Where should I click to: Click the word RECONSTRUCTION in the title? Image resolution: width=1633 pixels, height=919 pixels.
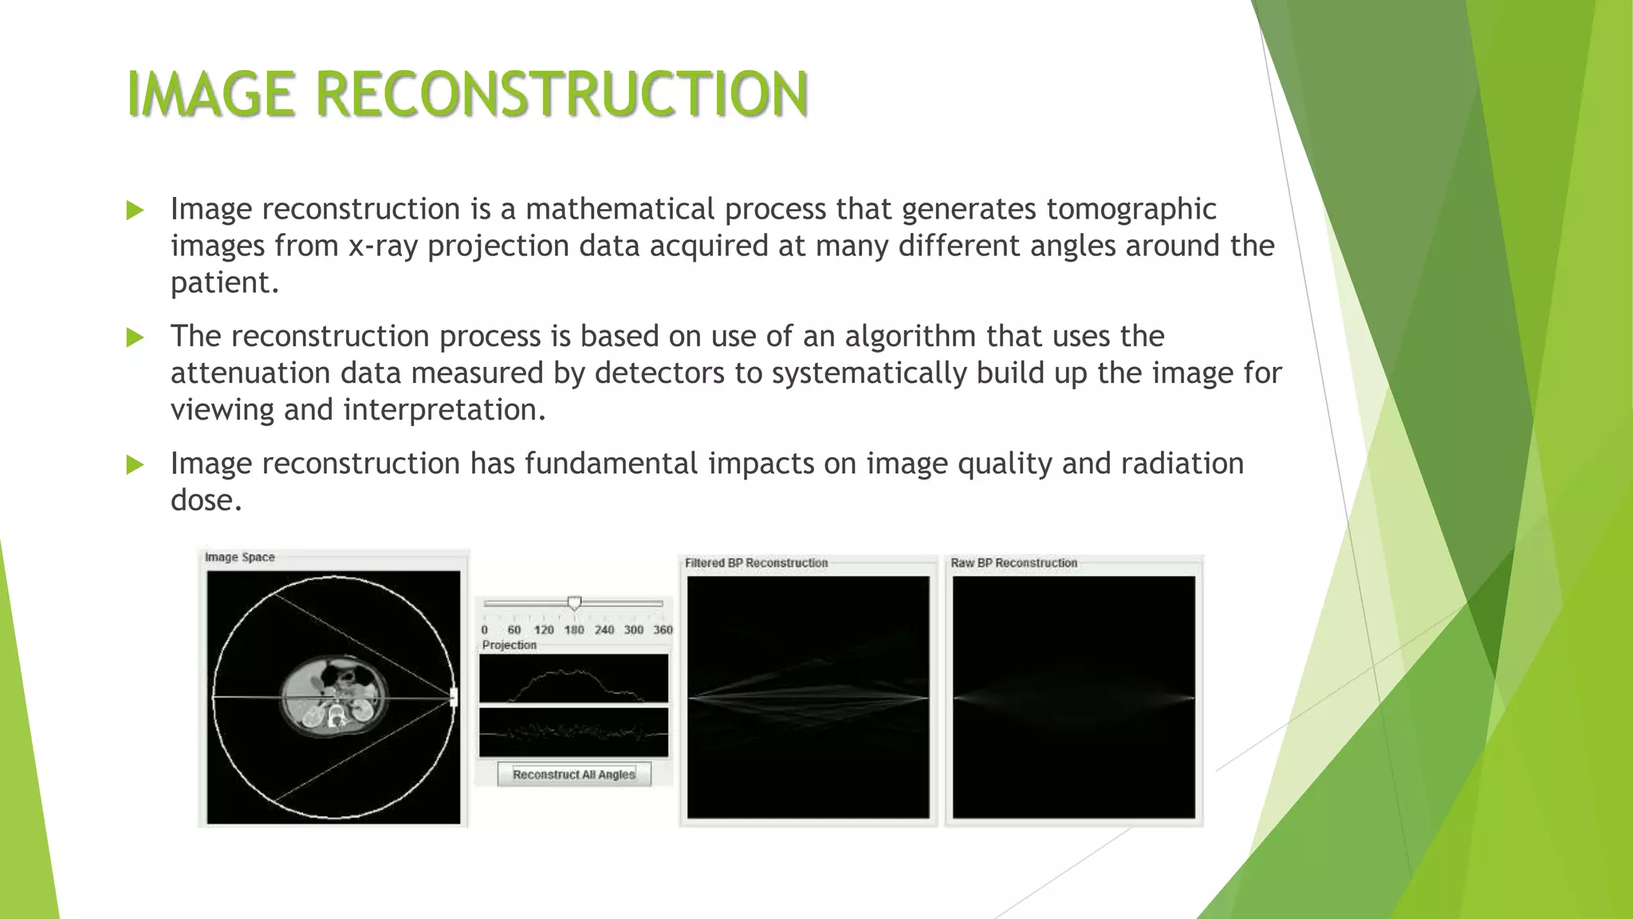[x=562, y=94]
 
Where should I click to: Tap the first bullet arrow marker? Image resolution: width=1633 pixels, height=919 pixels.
[x=135, y=211]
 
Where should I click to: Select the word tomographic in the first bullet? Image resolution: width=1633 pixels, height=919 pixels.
[x=1131, y=209]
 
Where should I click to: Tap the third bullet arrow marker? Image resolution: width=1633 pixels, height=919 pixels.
[x=135, y=464]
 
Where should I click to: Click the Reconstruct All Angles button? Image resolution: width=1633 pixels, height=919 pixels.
[x=573, y=775]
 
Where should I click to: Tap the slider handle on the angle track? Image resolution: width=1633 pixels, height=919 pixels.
[x=574, y=603]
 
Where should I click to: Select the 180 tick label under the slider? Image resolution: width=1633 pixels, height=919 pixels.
[x=574, y=629]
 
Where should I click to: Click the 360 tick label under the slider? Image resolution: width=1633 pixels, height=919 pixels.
[x=663, y=629]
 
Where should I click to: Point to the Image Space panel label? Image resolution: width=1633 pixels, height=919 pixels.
[x=239, y=557]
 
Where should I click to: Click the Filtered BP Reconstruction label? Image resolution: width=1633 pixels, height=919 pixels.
[x=756, y=562]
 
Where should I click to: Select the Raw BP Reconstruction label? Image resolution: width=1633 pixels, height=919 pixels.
[x=1013, y=562]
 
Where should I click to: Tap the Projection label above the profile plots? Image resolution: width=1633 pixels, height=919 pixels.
[x=509, y=645]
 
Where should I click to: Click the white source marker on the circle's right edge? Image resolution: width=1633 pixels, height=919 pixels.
[x=454, y=697]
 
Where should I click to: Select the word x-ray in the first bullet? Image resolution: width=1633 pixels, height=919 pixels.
[x=383, y=246]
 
